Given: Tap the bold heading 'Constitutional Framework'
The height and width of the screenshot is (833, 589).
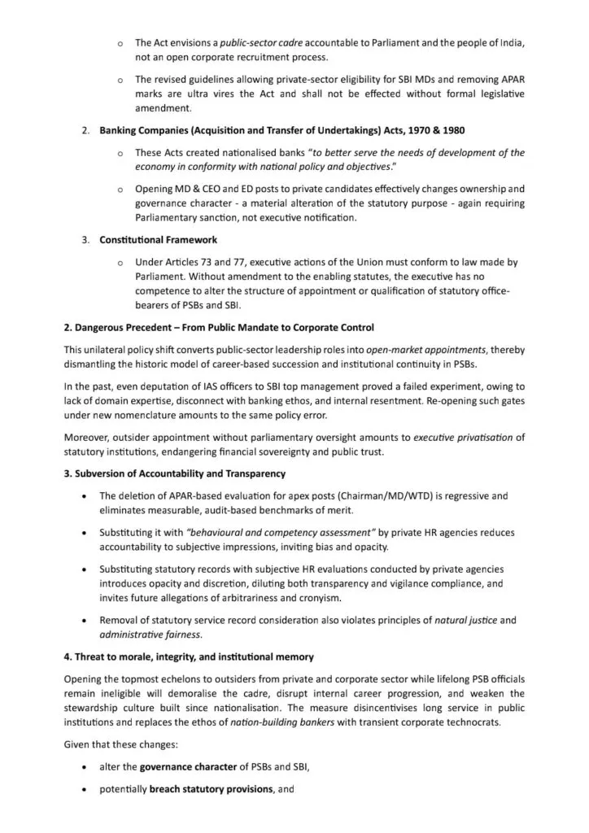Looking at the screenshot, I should pyautogui.click(x=158, y=240).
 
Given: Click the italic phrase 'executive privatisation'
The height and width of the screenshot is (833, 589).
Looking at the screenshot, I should pyautogui.click(x=463, y=437).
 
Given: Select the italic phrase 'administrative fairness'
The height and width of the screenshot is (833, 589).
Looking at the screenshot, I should pyautogui.click(x=151, y=634).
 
